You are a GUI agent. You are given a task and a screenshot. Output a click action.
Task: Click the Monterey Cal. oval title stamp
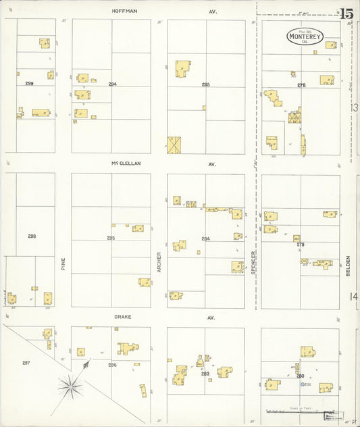[305, 36]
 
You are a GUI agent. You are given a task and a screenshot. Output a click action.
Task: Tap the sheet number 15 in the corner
[346, 13]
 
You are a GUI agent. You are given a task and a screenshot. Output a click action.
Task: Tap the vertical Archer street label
[159, 261]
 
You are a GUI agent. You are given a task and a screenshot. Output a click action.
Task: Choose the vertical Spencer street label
[253, 260]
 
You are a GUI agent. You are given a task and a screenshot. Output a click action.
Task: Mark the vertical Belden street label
[349, 264]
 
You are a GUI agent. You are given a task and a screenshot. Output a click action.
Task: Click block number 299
[29, 83]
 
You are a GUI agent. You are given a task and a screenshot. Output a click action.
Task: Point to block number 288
[32, 236]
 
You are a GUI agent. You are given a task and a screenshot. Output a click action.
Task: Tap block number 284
[205, 238]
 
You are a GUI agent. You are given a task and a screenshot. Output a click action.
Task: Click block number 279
[301, 244]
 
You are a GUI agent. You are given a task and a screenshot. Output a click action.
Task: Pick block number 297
[26, 363]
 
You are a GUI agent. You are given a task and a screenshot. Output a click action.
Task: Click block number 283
[205, 374]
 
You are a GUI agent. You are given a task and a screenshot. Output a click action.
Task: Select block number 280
[301, 375]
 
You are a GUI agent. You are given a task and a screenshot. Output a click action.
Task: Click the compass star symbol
[70, 387]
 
